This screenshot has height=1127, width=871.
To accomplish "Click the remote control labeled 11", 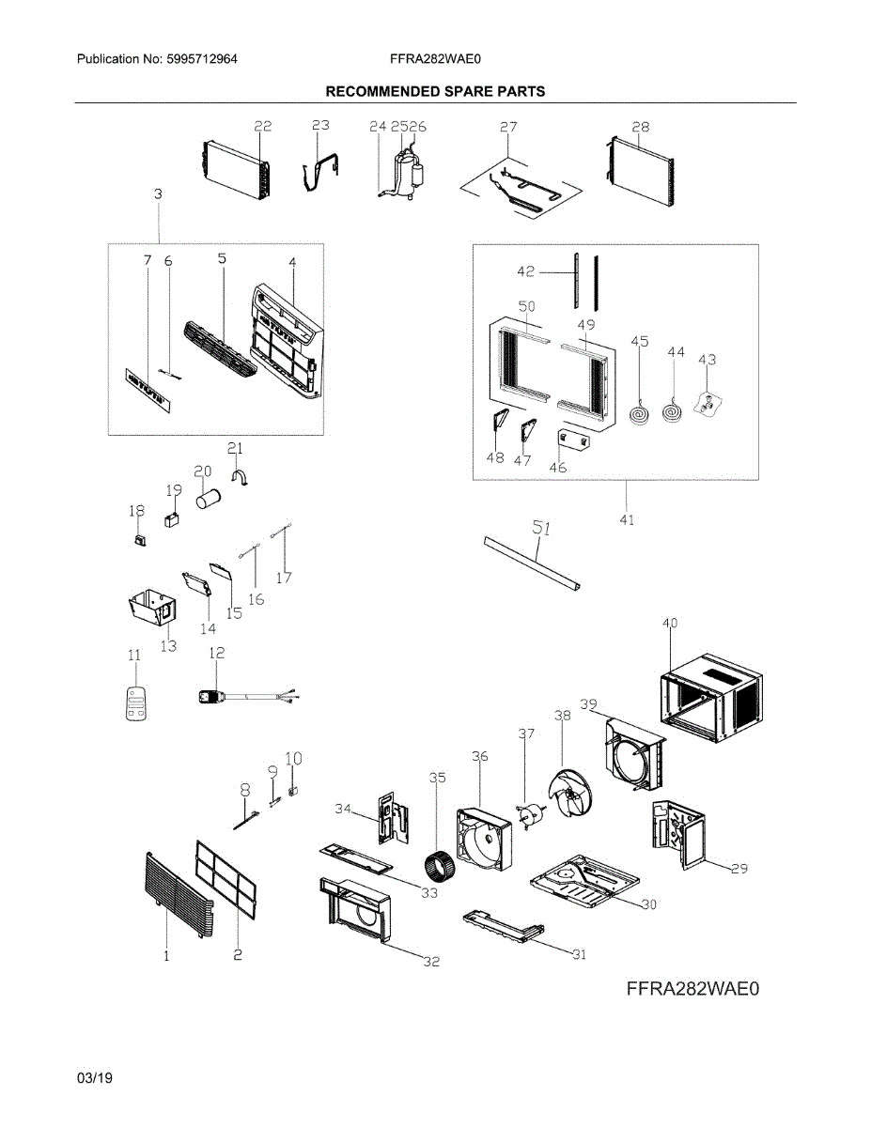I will tap(137, 702).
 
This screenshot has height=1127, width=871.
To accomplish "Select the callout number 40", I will tap(669, 623).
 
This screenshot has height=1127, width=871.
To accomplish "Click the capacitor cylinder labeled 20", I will tap(208, 498).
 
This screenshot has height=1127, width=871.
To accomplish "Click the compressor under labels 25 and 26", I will tap(407, 175).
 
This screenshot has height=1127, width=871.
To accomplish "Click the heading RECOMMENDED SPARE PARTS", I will tap(435, 91).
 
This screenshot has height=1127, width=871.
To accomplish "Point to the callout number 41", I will tap(627, 519).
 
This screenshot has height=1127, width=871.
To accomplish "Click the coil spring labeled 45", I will tap(639, 410).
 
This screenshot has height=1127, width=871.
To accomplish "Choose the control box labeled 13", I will tap(149, 610).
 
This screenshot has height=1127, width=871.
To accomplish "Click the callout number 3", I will tap(158, 193).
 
